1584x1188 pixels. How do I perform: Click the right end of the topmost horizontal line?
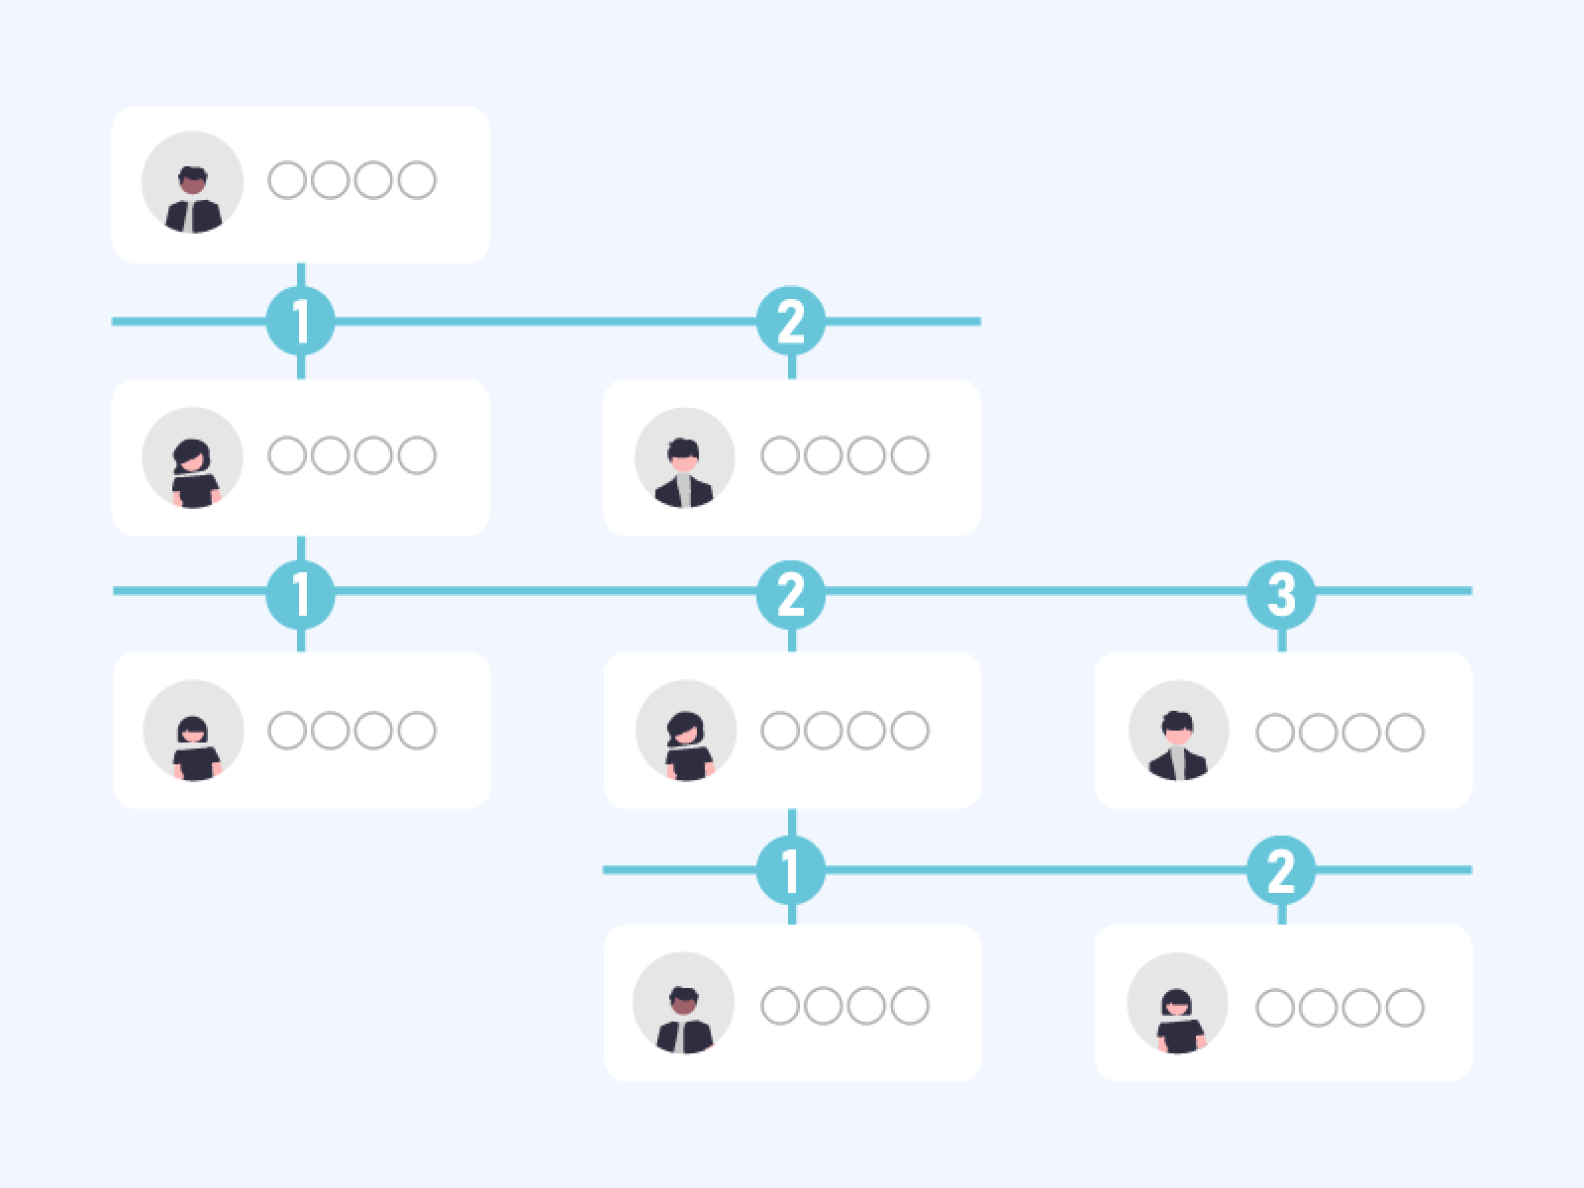tap(981, 321)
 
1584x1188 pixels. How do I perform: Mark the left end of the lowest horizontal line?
tap(603, 870)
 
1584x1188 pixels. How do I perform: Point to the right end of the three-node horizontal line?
tap(1471, 591)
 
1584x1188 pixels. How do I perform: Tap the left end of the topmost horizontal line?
tap(113, 321)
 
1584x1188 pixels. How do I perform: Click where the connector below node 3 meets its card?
tap(1282, 652)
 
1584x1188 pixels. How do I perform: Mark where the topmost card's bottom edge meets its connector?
tap(301, 263)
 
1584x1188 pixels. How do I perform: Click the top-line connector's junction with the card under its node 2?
tap(792, 379)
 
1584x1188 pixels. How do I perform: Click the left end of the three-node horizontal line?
tap(113, 591)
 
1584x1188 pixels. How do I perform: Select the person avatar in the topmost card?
tap(193, 182)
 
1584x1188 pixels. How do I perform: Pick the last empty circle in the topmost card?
tap(417, 179)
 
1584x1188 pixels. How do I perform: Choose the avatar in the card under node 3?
tap(1179, 730)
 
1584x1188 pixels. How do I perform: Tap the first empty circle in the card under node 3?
tap(1275, 733)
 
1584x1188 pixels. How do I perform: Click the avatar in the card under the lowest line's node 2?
tap(1178, 1003)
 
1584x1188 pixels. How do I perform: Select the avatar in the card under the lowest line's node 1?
tap(684, 1003)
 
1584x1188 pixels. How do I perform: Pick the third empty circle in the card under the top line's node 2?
tap(866, 455)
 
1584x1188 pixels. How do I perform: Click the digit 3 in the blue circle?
tap(1282, 594)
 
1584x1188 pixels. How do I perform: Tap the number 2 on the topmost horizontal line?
tap(791, 322)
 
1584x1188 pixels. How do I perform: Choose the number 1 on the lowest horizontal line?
tap(791, 870)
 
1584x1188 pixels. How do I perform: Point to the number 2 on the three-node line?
tap(791, 595)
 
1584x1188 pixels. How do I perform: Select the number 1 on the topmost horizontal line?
tap(300, 322)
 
